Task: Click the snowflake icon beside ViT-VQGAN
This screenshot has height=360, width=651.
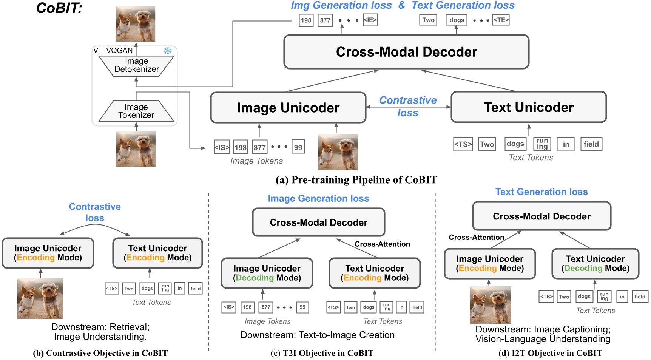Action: point(168,51)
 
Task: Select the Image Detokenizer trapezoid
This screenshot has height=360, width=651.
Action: point(136,66)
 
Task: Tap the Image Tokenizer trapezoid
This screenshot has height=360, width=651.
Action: point(136,111)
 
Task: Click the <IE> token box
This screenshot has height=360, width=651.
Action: point(370,20)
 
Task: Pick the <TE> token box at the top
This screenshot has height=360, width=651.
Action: point(501,20)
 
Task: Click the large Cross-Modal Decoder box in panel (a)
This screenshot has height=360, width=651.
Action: point(406,52)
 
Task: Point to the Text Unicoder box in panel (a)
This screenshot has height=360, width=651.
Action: point(529,107)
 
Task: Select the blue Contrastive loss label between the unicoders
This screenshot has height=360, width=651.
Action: point(408,106)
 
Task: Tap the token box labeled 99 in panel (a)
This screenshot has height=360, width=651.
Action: point(298,147)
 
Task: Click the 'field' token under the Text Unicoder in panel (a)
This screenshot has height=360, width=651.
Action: point(591,144)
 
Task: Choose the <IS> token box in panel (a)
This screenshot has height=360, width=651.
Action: point(222,147)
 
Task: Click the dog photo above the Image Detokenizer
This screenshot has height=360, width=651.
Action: point(135,24)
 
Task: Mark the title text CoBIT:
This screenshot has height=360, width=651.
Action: point(59,8)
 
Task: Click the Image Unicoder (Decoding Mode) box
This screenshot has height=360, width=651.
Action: point(267,273)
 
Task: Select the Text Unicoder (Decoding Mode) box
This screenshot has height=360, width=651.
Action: point(595,264)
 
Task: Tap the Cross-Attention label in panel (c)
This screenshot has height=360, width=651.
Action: point(382,244)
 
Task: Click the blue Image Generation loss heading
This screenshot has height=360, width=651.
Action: point(318,198)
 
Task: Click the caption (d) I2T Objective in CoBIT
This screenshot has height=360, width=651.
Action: point(550,353)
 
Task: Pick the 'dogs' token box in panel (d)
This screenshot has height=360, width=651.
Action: point(584,297)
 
